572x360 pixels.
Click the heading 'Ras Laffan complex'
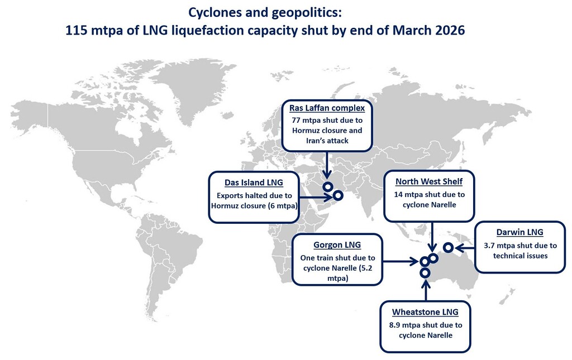pyautogui.click(x=327, y=108)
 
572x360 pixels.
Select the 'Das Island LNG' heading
pyautogui.click(x=254, y=183)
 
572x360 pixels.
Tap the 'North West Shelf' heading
pyautogui.click(x=428, y=182)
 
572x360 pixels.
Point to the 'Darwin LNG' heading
pyautogui.click(x=519, y=232)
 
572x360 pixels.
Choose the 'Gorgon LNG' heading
pyautogui.click(x=337, y=245)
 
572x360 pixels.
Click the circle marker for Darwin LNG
pyautogui.click(x=447, y=247)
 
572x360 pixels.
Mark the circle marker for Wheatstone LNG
pyautogui.click(x=425, y=272)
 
